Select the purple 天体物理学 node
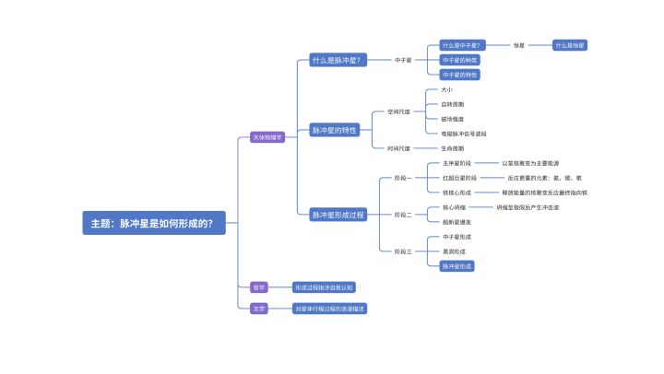click(267, 137)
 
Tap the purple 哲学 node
click(258, 287)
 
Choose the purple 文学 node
click(258, 309)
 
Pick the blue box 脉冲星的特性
click(334, 130)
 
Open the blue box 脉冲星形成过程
click(338, 215)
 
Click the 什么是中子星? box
click(462, 45)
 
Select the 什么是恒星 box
click(570, 45)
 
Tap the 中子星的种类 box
click(457, 60)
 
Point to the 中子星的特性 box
click(457, 75)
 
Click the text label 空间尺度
click(397, 112)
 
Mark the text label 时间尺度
click(397, 147)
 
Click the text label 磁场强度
click(453, 119)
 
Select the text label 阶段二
click(403, 215)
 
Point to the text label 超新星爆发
click(456, 222)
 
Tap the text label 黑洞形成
click(454, 251)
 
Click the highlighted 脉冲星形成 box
click(457, 266)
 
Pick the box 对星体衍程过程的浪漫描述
click(329, 309)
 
